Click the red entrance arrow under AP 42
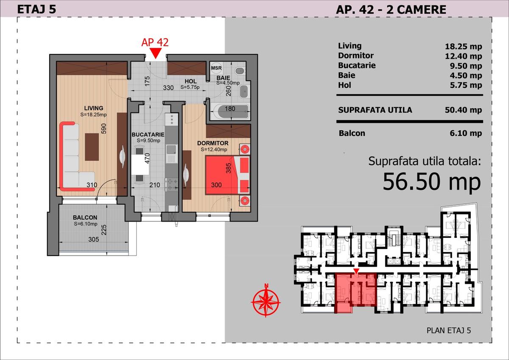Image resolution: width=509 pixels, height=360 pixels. (156, 53)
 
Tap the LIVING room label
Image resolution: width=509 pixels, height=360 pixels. (93, 108)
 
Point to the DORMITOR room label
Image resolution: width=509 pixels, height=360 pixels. (213, 143)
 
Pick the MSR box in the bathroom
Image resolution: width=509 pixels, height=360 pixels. (216, 68)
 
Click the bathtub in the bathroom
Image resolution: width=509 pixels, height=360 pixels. (229, 112)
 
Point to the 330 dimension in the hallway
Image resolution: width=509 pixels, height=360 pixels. (168, 88)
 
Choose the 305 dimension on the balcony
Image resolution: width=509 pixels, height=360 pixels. (93, 239)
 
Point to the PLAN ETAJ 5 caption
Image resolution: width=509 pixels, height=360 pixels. (449, 331)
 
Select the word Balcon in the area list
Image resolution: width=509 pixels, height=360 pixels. (352, 133)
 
